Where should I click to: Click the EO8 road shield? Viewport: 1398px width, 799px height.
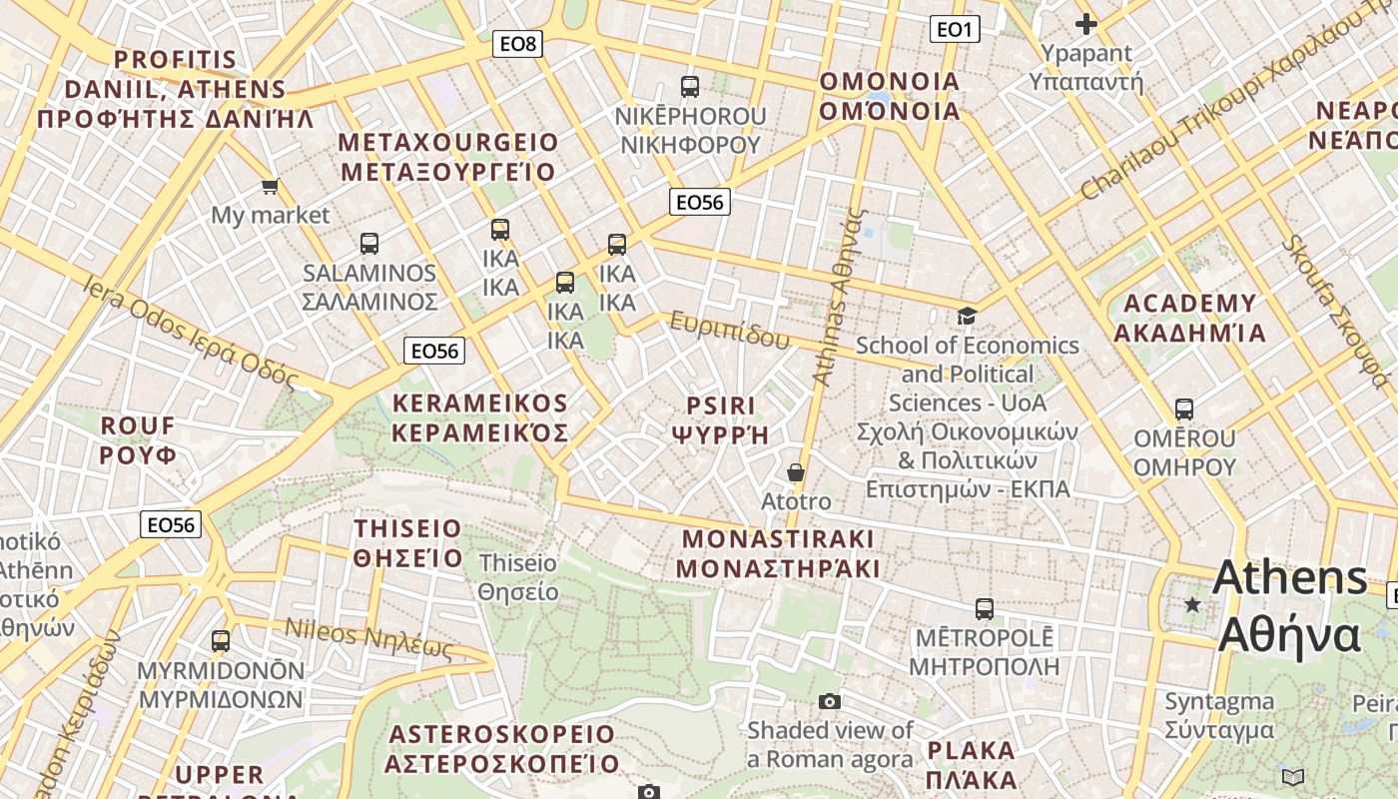(517, 43)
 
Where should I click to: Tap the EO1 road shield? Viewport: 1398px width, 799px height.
(955, 29)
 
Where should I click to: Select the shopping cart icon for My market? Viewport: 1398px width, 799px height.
(270, 186)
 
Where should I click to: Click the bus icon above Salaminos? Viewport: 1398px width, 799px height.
(369, 244)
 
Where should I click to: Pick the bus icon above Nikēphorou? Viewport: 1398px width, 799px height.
(690, 87)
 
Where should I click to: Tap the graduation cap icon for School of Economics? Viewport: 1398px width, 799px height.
(967, 317)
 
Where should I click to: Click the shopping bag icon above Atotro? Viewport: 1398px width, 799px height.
(796, 472)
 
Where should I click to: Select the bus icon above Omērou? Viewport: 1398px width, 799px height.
(1184, 409)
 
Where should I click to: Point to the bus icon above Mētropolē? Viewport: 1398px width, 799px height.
(985, 608)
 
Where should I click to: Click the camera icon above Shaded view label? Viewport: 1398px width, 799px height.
(830, 701)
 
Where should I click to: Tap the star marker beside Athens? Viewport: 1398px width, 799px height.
(1192, 603)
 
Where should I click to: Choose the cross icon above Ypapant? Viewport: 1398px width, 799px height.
(1086, 24)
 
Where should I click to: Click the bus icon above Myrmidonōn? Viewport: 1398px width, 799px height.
(221, 641)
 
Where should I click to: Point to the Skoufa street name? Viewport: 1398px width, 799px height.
(1335, 310)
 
